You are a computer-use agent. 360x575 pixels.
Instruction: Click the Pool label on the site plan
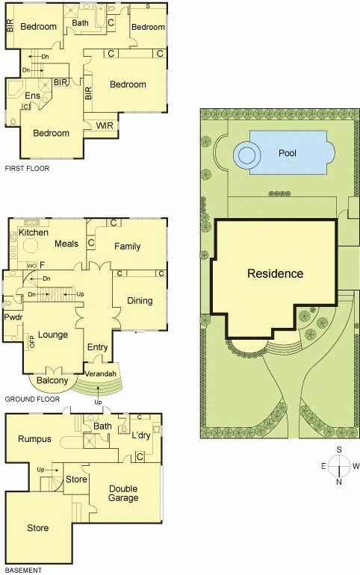(x=288, y=153)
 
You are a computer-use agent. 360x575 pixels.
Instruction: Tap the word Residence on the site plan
(x=276, y=273)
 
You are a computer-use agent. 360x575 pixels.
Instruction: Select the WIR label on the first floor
(x=105, y=125)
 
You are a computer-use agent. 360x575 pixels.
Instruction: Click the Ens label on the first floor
(x=33, y=96)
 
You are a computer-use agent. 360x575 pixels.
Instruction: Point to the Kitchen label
(x=34, y=232)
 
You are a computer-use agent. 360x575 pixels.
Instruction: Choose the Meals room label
(x=66, y=244)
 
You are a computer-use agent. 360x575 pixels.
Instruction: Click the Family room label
(x=127, y=246)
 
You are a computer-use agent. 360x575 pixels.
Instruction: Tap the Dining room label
(x=140, y=301)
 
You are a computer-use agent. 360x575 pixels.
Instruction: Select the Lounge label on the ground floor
(x=53, y=335)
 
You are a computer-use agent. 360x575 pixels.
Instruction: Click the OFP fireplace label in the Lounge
(x=32, y=342)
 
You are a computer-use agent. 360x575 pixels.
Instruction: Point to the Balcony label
(x=52, y=381)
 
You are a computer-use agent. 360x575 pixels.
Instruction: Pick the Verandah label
(x=100, y=374)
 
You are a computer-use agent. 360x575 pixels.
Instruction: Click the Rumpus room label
(x=34, y=439)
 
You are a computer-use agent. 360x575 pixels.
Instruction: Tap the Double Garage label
(x=123, y=493)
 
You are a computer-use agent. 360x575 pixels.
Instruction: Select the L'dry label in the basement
(x=141, y=435)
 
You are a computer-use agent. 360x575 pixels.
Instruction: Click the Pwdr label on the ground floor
(x=13, y=317)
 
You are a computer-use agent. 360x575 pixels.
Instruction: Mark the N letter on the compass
(x=339, y=482)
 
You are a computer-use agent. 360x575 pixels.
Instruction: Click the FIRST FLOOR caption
(x=27, y=169)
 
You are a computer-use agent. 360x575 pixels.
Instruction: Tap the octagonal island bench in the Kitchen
(x=31, y=246)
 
